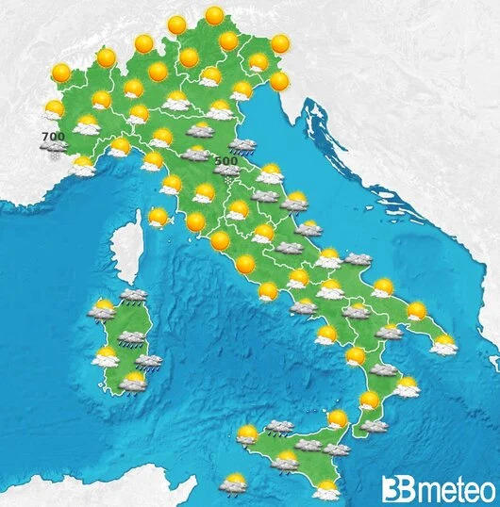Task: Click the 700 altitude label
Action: (x=53, y=139)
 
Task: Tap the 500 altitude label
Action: (x=226, y=161)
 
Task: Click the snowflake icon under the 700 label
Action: (x=54, y=150)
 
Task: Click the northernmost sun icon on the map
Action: (x=215, y=16)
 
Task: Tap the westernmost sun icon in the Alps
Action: (x=62, y=73)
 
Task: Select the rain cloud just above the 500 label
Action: (x=243, y=146)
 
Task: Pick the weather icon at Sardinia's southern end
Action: (x=134, y=382)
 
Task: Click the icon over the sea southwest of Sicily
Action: (x=231, y=483)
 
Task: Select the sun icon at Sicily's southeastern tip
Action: (x=326, y=489)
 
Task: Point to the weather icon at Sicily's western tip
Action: (x=247, y=434)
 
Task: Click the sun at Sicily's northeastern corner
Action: (x=337, y=419)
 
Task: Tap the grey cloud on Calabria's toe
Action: (x=374, y=425)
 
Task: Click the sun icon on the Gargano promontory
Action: (x=382, y=287)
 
